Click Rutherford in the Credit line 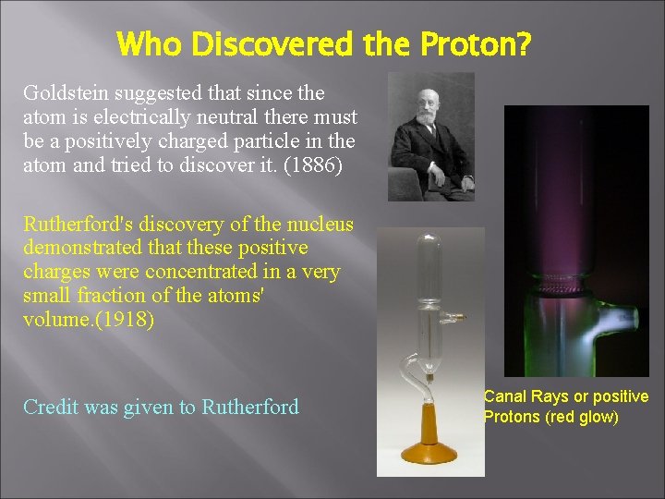click(250, 407)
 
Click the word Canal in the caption click(504, 396)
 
